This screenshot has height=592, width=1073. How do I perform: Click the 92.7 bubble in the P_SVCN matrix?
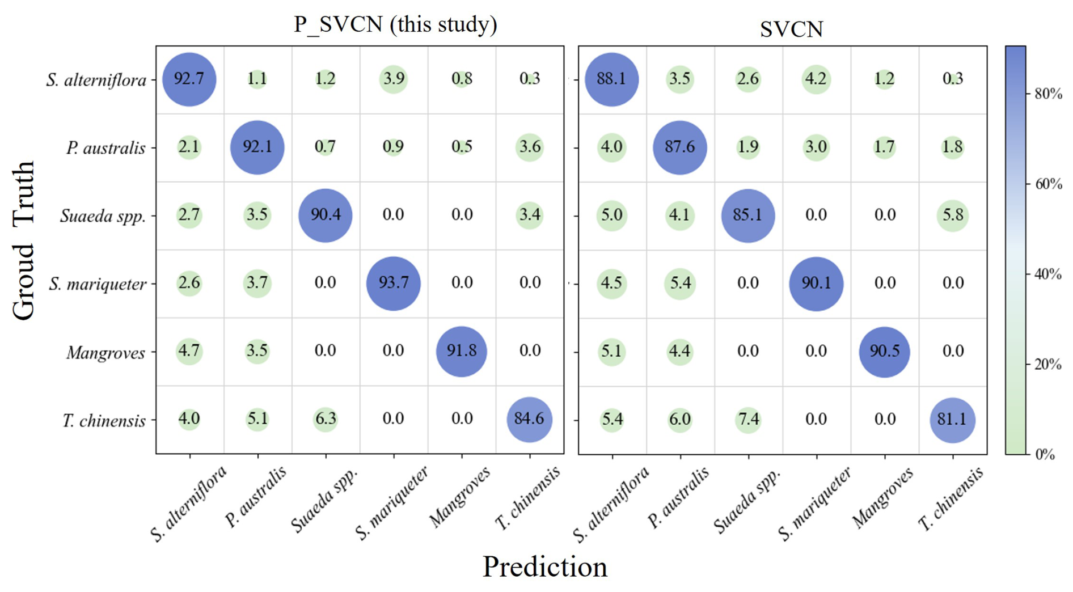tap(189, 79)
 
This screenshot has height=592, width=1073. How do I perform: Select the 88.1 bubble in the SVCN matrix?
tap(611, 79)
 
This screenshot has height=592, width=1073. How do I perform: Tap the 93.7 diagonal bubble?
tap(393, 283)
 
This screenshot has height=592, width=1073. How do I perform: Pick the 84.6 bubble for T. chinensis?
tap(529, 420)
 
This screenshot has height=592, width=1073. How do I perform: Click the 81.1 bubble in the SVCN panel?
tap(952, 420)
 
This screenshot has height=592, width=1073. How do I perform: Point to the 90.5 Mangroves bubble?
tap(884, 352)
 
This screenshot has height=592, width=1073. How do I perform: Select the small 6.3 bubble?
tap(326, 420)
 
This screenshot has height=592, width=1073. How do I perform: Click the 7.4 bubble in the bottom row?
tap(748, 420)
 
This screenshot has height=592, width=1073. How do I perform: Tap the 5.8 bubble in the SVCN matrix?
tap(952, 215)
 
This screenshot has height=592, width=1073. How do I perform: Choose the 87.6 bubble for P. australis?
tap(679, 147)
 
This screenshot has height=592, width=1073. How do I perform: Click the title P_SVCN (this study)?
tap(395, 24)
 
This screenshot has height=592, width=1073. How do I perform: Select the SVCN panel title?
tap(791, 29)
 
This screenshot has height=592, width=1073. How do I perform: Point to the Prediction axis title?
tap(544, 566)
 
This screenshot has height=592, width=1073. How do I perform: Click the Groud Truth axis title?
tap(24, 241)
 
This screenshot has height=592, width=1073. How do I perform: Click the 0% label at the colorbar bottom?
tap(1045, 454)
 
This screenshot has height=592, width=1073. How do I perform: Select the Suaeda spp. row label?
tap(103, 216)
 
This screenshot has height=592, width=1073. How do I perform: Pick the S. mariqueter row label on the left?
tap(98, 284)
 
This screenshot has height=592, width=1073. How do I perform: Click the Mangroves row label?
tap(105, 353)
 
